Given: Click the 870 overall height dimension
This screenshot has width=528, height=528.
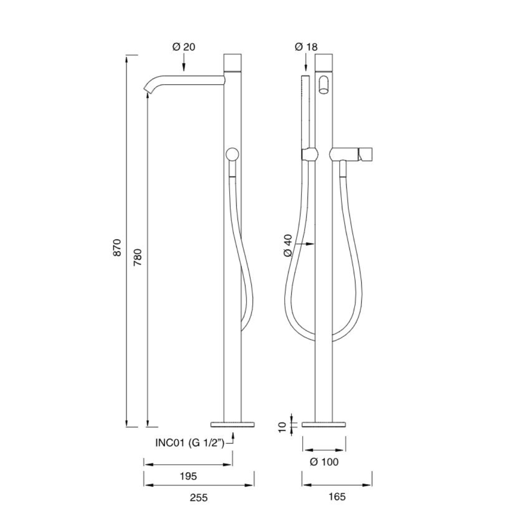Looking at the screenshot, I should point(117,249).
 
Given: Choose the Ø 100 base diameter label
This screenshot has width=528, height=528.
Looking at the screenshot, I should point(324,462).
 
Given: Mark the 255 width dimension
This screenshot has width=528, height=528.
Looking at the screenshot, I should point(198,497).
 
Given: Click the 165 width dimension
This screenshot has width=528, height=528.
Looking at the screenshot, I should point(337,497).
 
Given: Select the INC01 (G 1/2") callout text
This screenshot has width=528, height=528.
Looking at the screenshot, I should point(190,443).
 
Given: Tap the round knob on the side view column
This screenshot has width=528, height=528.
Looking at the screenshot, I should point(232,155).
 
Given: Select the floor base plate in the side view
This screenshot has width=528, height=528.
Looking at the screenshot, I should point(233,425).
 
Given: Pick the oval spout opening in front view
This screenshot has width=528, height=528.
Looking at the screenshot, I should point(323,84).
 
